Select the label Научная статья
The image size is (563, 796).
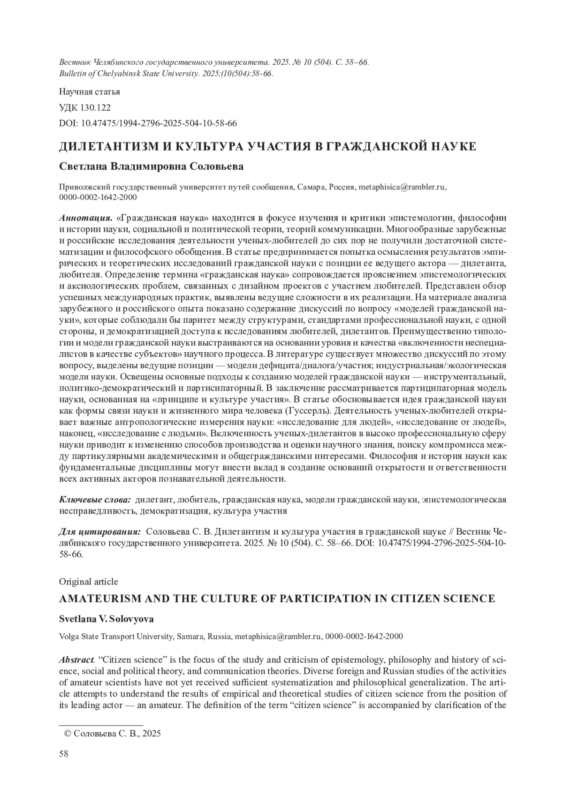click(90, 91)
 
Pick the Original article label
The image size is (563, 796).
click(89, 582)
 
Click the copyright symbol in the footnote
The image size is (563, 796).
click(67, 734)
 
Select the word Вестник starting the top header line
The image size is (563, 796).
click(75, 62)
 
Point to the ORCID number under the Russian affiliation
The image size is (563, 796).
click(98, 197)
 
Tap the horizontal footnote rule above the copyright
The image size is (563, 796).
click(101, 725)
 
